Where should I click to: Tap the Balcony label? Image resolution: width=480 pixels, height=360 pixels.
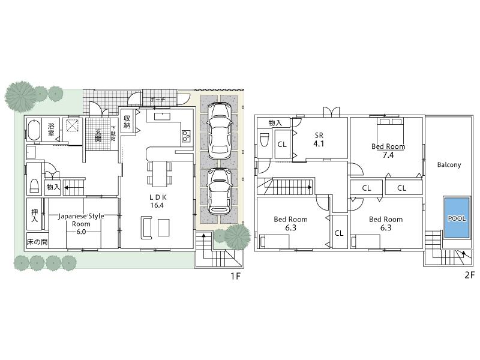(x=449, y=164)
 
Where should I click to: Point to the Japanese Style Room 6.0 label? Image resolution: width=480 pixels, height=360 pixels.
(x=81, y=219)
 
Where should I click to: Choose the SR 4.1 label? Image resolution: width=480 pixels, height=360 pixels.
(x=319, y=140)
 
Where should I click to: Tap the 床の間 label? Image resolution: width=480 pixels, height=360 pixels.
(x=37, y=242)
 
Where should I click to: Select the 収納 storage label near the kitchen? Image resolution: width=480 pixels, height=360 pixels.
(x=127, y=122)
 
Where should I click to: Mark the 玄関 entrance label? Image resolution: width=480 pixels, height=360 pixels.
(x=98, y=135)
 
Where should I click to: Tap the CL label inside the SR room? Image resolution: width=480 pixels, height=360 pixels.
(x=281, y=144)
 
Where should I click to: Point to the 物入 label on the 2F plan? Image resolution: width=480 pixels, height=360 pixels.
(x=274, y=122)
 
